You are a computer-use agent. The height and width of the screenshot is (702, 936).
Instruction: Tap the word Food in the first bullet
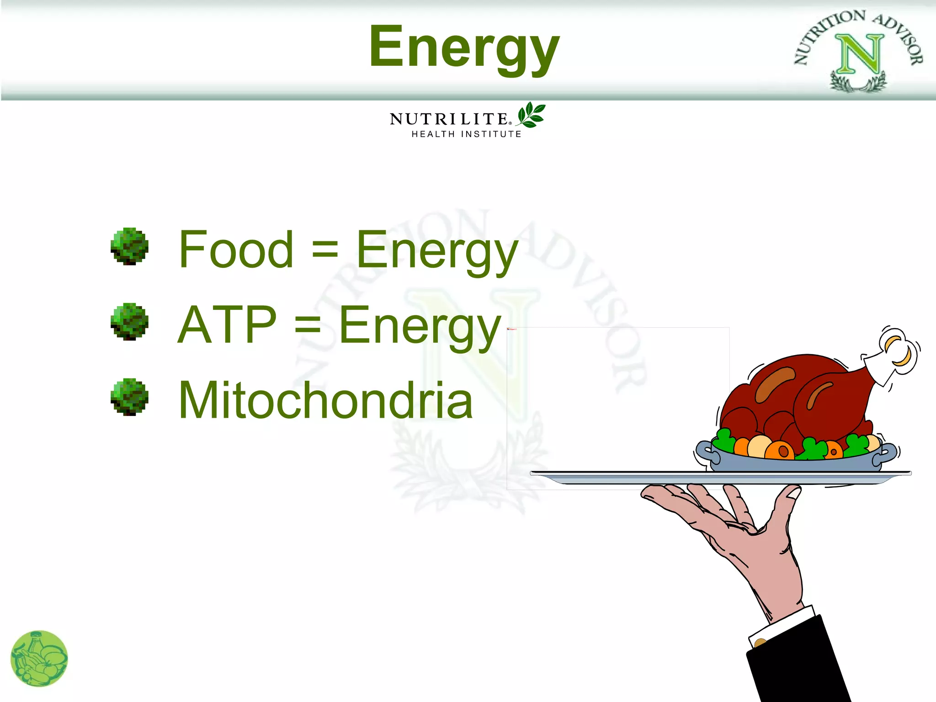tap(236, 250)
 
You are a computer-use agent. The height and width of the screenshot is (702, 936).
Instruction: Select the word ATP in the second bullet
tap(227, 325)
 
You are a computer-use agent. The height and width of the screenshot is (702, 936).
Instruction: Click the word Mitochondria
tap(325, 400)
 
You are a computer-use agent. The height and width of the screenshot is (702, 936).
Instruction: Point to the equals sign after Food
tap(324, 251)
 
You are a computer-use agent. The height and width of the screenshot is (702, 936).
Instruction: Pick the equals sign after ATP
tap(308, 326)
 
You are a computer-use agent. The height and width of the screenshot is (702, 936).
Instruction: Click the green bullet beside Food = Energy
tap(129, 246)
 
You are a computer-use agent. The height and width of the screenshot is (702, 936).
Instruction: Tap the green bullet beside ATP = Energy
tap(129, 321)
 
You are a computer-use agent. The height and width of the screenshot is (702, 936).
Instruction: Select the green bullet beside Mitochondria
tap(129, 397)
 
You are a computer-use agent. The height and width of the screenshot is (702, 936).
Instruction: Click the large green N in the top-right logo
tap(859, 54)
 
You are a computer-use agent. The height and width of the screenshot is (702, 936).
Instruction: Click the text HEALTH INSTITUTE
tap(466, 134)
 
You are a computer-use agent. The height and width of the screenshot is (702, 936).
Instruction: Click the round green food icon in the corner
tap(39, 659)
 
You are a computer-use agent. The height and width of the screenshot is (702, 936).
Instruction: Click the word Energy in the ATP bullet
tap(420, 326)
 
